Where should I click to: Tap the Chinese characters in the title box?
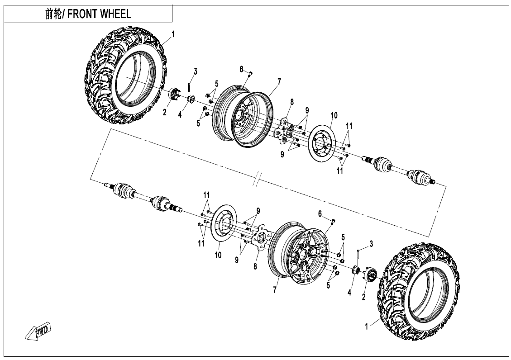[x=54, y=14]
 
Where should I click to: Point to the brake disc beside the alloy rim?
[x=220, y=226]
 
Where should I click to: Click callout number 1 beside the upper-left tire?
[x=173, y=34]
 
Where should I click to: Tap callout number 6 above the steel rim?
[x=242, y=69]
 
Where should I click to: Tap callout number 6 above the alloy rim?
[x=320, y=213]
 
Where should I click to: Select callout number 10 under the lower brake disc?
[x=218, y=256]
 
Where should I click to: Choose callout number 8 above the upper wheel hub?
[x=292, y=102]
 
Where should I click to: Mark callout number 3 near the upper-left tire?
[x=196, y=71]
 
